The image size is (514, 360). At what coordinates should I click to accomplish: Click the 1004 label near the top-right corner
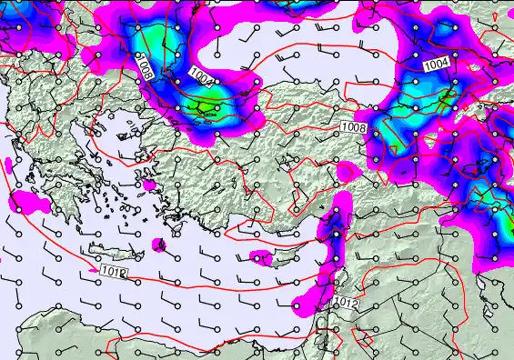(436, 65)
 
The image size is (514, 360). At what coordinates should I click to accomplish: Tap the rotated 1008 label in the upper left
(143, 65)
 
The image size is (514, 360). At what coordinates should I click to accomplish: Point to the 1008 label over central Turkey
(354, 127)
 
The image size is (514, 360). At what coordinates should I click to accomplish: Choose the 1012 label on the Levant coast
(346, 302)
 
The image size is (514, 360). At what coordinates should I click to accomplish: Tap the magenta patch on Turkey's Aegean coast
(149, 185)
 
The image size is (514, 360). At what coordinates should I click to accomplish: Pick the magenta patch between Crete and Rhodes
(160, 245)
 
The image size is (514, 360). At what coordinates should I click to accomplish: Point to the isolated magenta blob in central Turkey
(347, 170)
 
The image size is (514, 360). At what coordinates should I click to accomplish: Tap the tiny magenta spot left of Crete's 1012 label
(93, 269)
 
